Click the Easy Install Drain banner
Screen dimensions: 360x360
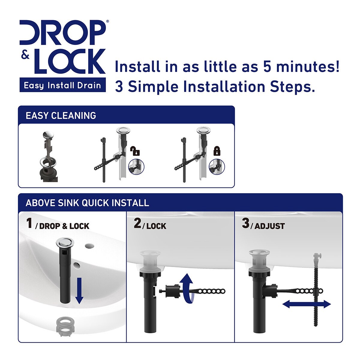(x=62, y=85)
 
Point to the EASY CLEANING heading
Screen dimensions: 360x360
(x=61, y=115)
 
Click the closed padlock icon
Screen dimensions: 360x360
(x=217, y=151)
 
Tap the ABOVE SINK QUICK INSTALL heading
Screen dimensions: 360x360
(x=87, y=203)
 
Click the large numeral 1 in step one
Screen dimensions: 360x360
(x=29, y=223)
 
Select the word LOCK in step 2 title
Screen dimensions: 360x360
(x=156, y=226)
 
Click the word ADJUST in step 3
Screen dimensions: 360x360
(x=269, y=226)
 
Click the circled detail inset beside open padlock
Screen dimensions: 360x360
(x=136, y=166)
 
